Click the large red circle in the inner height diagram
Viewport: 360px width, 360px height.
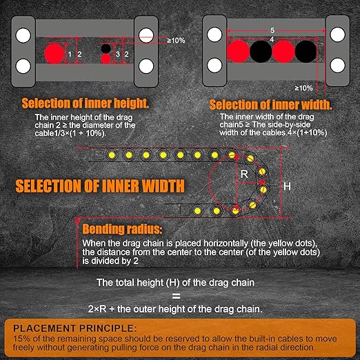coord(54,54)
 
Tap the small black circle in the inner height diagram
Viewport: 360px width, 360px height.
coord(106,48)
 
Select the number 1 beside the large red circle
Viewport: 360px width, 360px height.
coord(70,54)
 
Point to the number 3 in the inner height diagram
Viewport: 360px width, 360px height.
coord(118,54)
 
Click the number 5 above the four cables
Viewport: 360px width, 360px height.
coord(272,30)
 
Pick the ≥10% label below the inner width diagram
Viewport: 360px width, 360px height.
coord(303,88)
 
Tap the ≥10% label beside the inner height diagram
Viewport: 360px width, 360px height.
coord(176,41)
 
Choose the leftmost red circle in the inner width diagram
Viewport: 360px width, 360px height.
coord(238,52)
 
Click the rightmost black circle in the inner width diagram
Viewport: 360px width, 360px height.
coord(306,52)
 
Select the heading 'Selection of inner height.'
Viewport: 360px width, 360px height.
coord(86,103)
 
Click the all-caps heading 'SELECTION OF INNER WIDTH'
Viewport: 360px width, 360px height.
coord(100,186)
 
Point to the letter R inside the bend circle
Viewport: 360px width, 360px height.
coord(244,174)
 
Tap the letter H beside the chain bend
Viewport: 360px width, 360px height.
coord(287,186)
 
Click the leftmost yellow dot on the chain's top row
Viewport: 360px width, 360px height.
coord(112,155)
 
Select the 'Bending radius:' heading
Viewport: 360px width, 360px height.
coord(122,229)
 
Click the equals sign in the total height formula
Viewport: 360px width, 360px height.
coord(177,296)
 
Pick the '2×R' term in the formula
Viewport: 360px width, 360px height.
coord(97,309)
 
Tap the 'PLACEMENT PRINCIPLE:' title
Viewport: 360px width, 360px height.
coord(75,328)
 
